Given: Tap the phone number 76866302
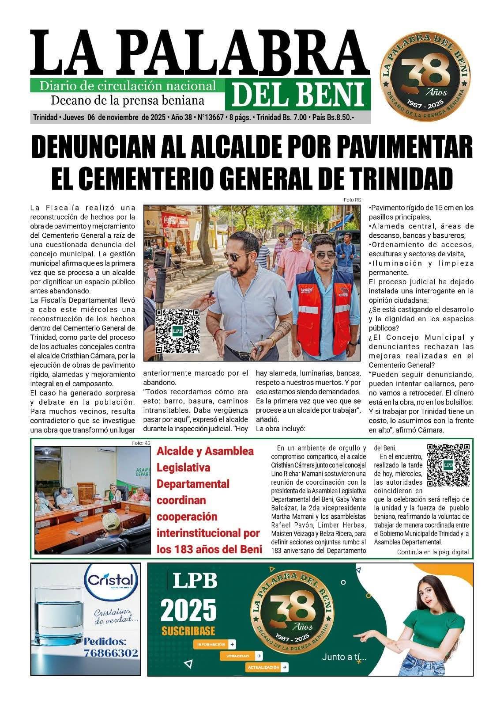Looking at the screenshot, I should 111,653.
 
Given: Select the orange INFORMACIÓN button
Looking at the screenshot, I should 214,644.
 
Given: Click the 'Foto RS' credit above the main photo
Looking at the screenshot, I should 352,200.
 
